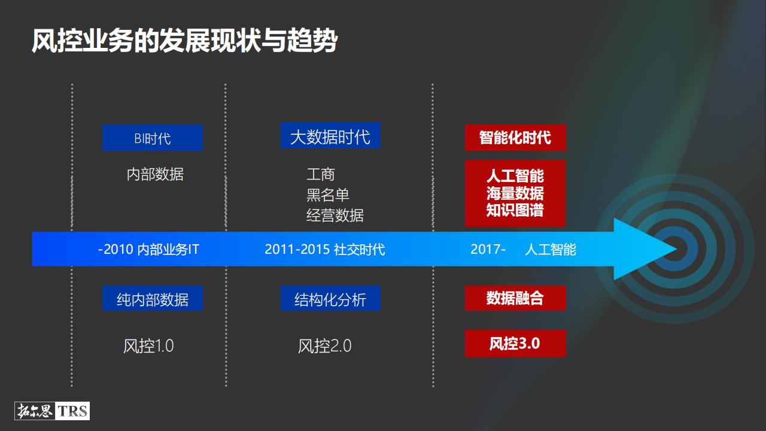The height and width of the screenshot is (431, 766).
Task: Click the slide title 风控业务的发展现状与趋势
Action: pyautogui.click(x=184, y=41)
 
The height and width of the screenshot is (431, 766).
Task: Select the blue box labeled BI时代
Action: pyautogui.click(x=153, y=138)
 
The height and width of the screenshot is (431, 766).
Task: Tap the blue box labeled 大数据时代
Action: pyautogui.click(x=330, y=136)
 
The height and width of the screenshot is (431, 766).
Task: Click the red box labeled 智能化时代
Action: pyautogui.click(x=515, y=137)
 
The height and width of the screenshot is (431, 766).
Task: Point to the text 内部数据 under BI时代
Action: pyautogui.click(x=155, y=174)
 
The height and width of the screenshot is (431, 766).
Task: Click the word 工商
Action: pyautogui.click(x=321, y=174)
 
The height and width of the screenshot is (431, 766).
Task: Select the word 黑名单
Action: pyautogui.click(x=327, y=195)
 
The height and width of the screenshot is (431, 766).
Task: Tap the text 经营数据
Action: pyautogui.click(x=335, y=215)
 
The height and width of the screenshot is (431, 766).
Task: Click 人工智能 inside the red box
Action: pyautogui.click(x=515, y=176)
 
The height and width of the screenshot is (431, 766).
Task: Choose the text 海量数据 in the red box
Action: pyautogui.click(x=515, y=193)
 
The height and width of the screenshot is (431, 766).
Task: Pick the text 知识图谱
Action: pyautogui.click(x=515, y=210)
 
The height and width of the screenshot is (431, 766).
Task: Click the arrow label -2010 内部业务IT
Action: pyautogui.click(x=148, y=249)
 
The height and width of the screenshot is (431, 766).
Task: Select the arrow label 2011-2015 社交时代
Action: pyautogui.click(x=325, y=249)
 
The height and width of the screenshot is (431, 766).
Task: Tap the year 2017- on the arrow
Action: pyautogui.click(x=488, y=249)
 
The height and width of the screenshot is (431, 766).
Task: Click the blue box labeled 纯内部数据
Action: pyautogui.click(x=152, y=299)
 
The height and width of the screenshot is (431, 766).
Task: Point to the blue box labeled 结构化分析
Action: pyautogui.click(x=330, y=299)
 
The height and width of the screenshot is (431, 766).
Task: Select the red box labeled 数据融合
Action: pyautogui.click(x=515, y=298)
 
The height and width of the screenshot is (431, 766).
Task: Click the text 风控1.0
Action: pyautogui.click(x=148, y=346)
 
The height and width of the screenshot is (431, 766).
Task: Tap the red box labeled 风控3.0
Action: pyautogui.click(x=515, y=344)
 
